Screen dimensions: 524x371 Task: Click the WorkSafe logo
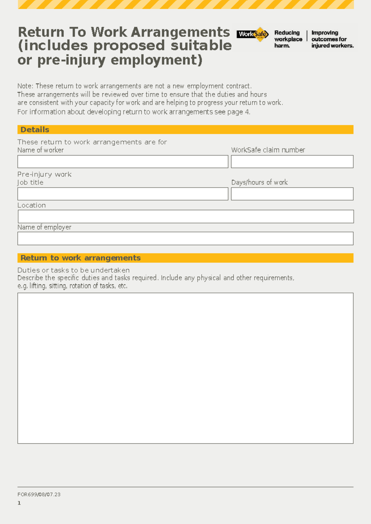252,34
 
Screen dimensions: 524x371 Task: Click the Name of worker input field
123,162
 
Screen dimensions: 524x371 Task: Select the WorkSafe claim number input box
292,162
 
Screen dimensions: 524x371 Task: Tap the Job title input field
123,194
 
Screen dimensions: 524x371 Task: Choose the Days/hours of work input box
292,194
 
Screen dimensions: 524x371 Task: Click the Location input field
185,217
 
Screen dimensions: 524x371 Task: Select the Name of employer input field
185,239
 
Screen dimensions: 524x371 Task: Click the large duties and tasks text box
185,368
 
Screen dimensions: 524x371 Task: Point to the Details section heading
35,130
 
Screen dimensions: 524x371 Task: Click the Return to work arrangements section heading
80,258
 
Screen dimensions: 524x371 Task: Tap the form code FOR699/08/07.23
39,494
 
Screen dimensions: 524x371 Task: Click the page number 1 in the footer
19,503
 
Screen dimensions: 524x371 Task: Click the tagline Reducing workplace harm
288,39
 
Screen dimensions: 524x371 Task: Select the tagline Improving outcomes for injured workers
332,39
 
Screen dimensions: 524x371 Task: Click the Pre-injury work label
45,174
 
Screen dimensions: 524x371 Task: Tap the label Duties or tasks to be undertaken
74,270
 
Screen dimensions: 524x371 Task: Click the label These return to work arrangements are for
92,142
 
